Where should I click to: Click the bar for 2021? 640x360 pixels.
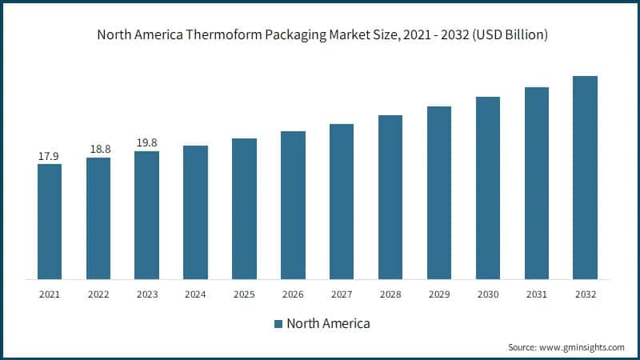coord(50,222)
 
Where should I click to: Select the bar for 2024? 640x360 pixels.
coord(195,212)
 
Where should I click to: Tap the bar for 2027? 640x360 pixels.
coord(342,202)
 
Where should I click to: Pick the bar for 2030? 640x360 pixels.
coord(488,188)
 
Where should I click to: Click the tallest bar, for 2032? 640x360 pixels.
coord(586,178)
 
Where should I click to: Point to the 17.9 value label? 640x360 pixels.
coord(50,156)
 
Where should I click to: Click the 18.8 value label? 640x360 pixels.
coord(98,150)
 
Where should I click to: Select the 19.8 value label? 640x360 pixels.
coord(147,143)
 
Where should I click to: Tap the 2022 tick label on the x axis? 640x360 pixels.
coord(98,294)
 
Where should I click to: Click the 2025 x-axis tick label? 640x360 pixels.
coord(244,294)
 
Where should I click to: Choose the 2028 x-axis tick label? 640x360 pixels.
coord(390,294)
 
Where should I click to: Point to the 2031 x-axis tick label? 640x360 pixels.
coord(537,294)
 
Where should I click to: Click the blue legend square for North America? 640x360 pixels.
coord(278,324)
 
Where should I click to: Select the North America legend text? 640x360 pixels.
coord(328,324)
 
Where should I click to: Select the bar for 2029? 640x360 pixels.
coord(439,193)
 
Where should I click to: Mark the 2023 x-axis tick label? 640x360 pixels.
coord(147,294)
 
